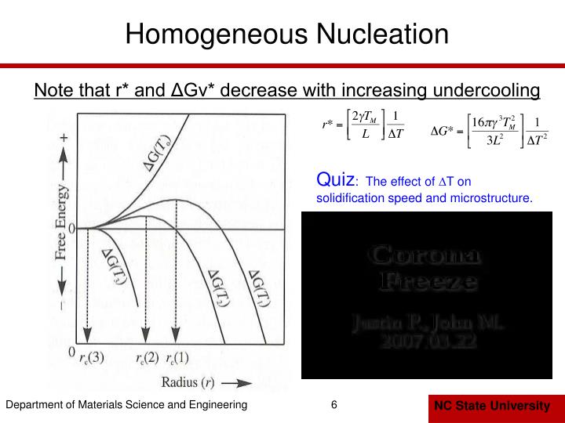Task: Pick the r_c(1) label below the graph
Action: (x=177, y=359)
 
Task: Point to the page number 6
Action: (x=334, y=405)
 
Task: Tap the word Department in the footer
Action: (x=35, y=405)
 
